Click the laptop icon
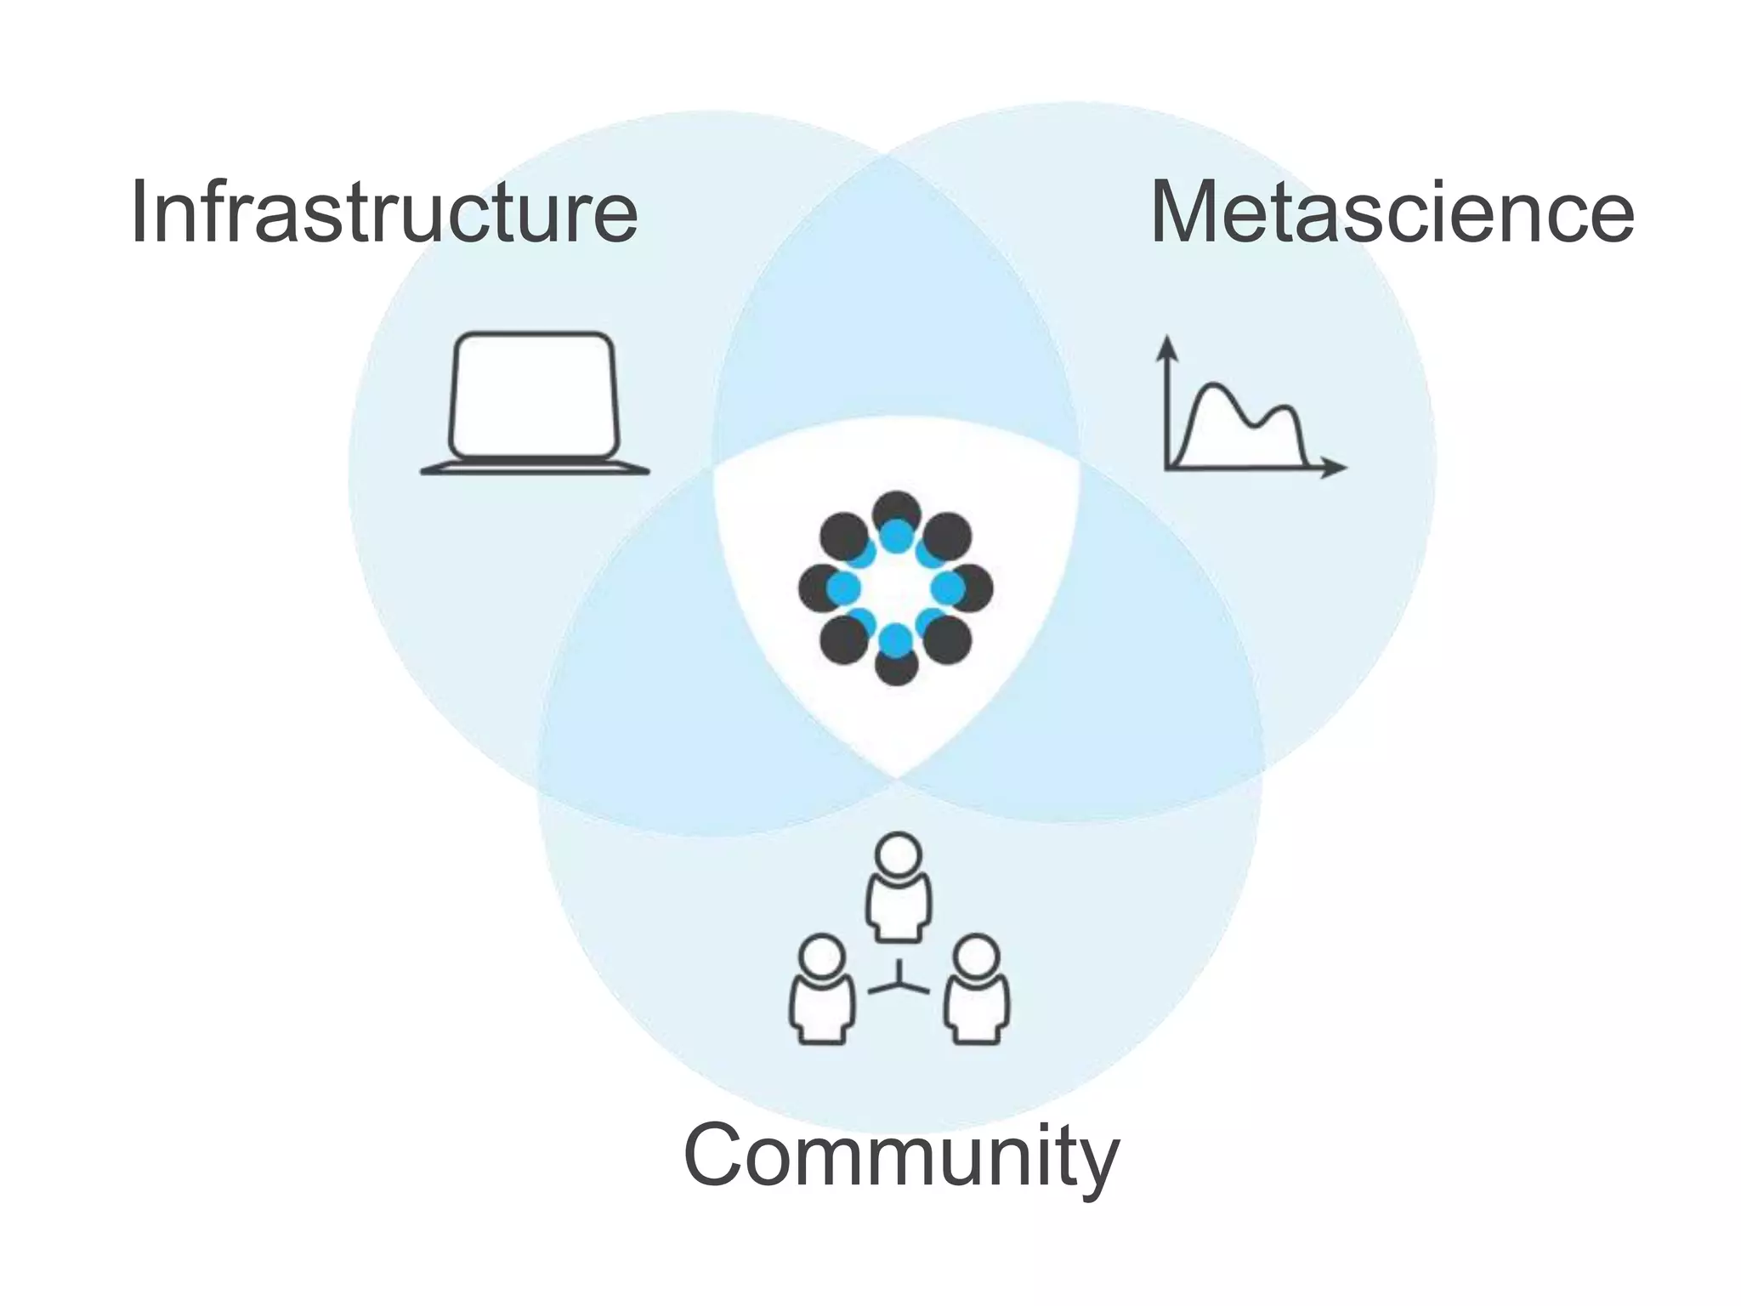[x=535, y=403]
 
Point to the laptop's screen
[x=533, y=394]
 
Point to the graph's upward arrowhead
[x=1168, y=345]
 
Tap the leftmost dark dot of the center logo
[x=817, y=588]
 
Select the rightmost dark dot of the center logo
[x=975, y=588]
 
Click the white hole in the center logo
[x=896, y=588]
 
